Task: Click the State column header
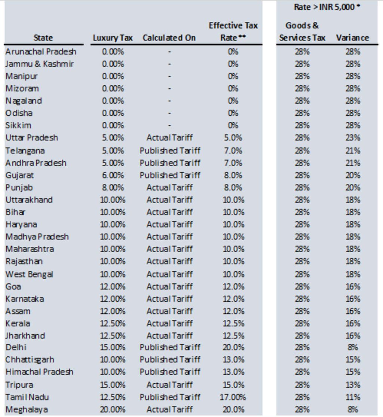43,38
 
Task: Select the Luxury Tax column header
113,38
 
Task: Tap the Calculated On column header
169,38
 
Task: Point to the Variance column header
352,38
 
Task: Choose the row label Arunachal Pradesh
41,52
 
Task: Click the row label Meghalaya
27,409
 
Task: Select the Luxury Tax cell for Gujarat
113,175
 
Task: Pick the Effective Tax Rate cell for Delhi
233,347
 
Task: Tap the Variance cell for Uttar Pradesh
353,138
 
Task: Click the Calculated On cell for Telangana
170,150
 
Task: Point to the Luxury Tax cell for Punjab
113,188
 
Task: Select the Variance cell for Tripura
353,385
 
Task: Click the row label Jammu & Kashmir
40,64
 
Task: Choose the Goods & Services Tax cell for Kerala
302,323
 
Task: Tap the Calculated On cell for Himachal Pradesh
170,372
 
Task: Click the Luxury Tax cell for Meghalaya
113,409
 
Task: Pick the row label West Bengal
29,274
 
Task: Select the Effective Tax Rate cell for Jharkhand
233,335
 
